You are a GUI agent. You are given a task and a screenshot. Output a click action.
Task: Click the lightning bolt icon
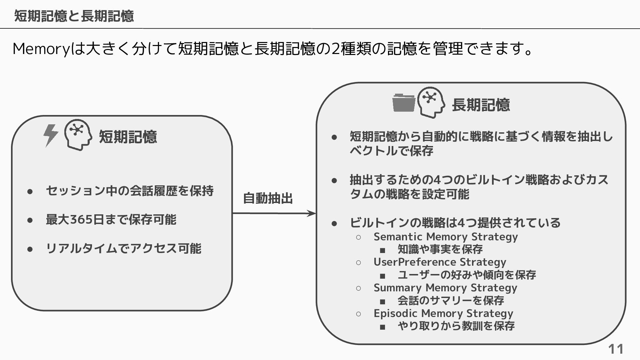click(x=51, y=135)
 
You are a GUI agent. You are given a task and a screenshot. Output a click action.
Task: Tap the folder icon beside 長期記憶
click(x=404, y=103)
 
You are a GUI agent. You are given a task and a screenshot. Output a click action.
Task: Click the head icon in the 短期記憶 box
click(x=78, y=135)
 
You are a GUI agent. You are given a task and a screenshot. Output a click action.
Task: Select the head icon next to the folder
click(x=431, y=102)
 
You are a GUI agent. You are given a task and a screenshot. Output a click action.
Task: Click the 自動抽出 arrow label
click(x=268, y=198)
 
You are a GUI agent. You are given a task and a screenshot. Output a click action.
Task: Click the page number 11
click(x=616, y=349)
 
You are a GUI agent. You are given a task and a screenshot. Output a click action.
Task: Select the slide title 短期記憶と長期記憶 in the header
click(x=74, y=16)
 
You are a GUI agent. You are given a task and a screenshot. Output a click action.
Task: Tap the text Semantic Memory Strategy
click(x=446, y=237)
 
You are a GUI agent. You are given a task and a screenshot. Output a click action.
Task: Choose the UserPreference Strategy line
click(x=440, y=262)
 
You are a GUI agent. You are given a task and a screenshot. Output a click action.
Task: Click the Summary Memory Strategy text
click(x=445, y=288)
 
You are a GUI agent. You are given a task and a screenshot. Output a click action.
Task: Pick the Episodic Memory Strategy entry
click(x=443, y=313)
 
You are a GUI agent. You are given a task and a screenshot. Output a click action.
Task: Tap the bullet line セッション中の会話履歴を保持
click(x=130, y=191)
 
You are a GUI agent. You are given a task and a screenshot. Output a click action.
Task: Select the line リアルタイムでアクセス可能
click(x=123, y=249)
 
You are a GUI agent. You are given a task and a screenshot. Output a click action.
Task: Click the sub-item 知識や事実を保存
click(x=440, y=249)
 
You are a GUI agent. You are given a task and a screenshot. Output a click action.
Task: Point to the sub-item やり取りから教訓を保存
click(x=456, y=326)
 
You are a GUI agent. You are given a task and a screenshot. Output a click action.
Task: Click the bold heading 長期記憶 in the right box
click(x=481, y=105)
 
